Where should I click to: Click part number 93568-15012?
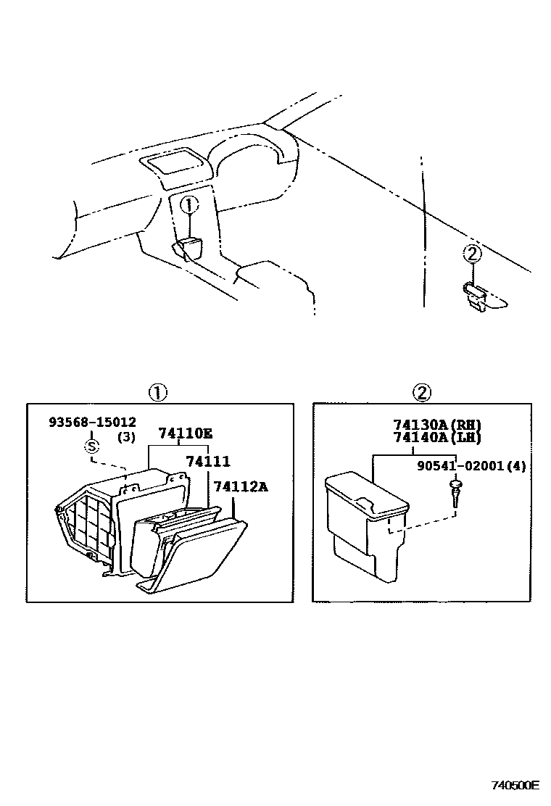click(x=92, y=422)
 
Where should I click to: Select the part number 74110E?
click(x=186, y=434)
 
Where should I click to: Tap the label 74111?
click(x=207, y=462)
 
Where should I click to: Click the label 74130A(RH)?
click(x=437, y=425)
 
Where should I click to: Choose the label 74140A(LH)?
click(x=437, y=437)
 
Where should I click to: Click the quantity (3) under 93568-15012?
click(x=126, y=437)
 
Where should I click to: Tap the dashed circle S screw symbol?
click(x=92, y=446)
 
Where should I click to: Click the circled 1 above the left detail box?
click(x=158, y=393)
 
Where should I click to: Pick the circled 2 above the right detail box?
click(x=422, y=393)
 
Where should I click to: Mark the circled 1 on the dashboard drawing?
click(x=188, y=206)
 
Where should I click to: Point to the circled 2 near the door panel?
click(x=472, y=254)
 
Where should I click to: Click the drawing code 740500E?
click(x=515, y=785)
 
